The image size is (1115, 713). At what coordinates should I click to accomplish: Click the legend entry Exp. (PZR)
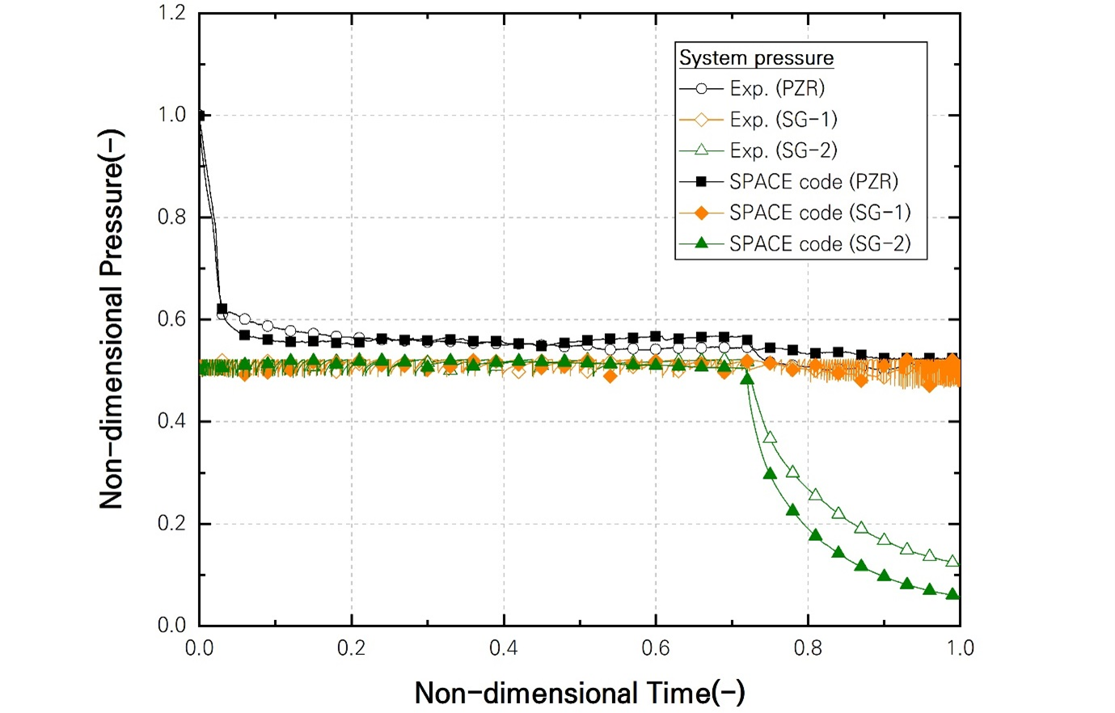[x=776, y=89]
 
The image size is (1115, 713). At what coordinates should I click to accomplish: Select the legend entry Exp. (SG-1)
[x=783, y=120]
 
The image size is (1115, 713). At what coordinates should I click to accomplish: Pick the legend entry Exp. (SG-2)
[x=783, y=150]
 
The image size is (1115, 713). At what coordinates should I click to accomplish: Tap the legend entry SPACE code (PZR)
[x=813, y=181]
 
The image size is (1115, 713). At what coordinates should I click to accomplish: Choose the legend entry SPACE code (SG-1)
[x=819, y=213]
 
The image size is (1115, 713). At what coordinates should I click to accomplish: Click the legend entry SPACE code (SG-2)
[x=819, y=243]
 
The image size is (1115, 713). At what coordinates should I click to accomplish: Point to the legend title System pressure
[x=756, y=58]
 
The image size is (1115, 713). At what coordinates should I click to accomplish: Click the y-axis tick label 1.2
[x=171, y=13]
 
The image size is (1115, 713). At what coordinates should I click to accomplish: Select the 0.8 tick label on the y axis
[x=171, y=217]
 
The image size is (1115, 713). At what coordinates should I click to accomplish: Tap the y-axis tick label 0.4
[x=171, y=421]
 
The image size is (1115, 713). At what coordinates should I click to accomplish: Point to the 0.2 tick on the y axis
[x=171, y=523]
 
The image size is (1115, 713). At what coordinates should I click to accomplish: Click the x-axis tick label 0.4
[x=504, y=648]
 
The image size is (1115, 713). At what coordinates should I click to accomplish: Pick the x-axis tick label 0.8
[x=808, y=648]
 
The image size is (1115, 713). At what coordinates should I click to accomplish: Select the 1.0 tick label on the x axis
[x=960, y=648]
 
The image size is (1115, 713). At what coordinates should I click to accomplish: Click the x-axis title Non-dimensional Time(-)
[x=580, y=693]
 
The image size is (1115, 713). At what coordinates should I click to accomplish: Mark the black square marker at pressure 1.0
[x=200, y=116]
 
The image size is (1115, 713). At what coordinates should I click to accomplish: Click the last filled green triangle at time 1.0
[x=952, y=594]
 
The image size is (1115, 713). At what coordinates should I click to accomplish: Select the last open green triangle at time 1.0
[x=952, y=561]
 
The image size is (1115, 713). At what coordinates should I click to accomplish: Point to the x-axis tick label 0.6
[x=656, y=648]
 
